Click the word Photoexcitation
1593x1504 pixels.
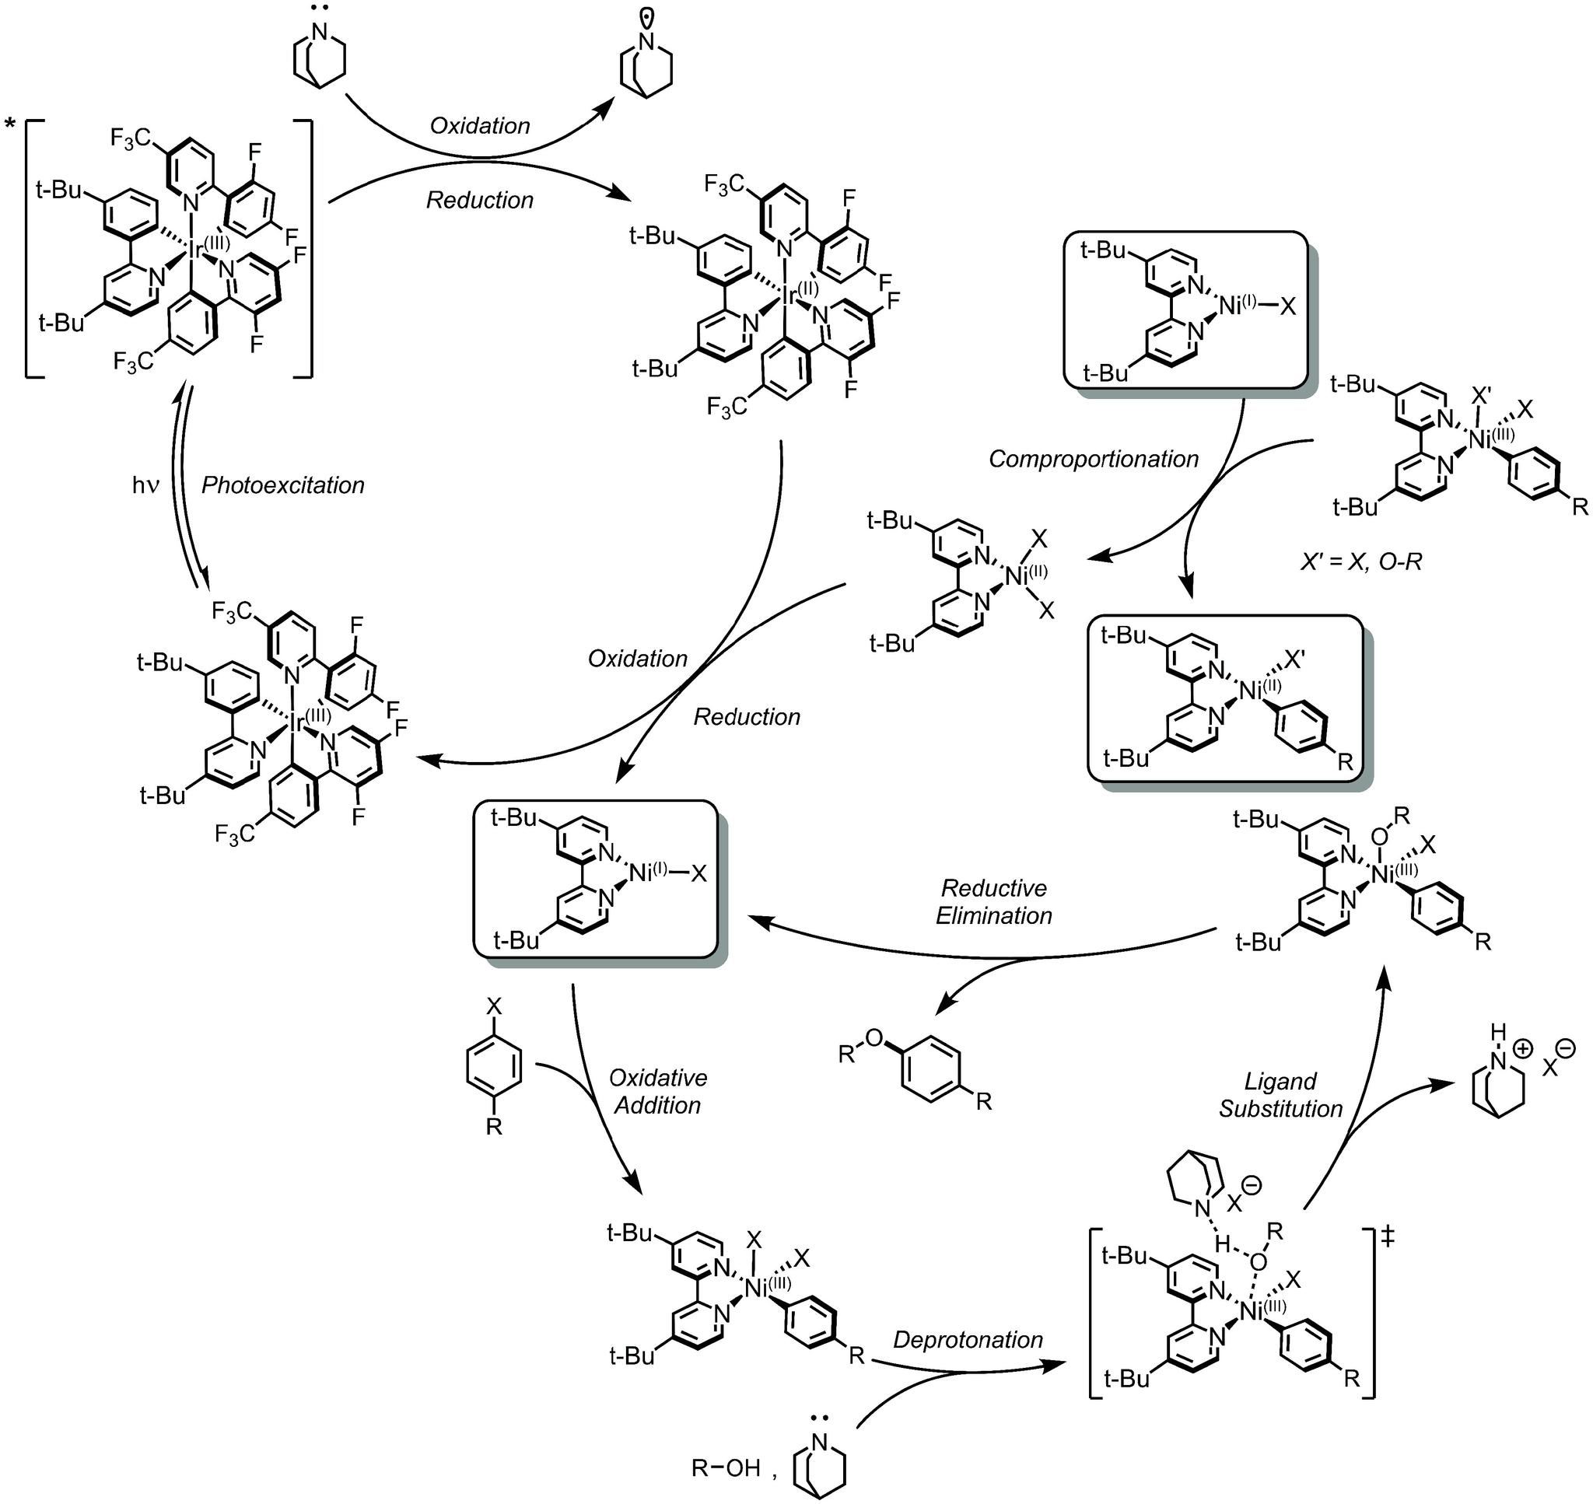pyautogui.click(x=283, y=485)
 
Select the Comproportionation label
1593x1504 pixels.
pyautogui.click(x=1094, y=459)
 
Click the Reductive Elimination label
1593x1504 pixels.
pyautogui.click(x=993, y=902)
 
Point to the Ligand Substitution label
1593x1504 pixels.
pyautogui.click(x=1280, y=1095)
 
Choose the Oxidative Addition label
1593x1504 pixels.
pyautogui.click(x=658, y=1091)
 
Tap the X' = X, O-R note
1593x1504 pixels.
pyautogui.click(x=1360, y=562)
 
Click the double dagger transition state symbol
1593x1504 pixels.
pyautogui.click(x=1388, y=1237)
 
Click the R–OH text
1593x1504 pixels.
pyautogui.click(x=726, y=1468)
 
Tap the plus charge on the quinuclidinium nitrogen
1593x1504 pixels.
pyautogui.click(x=1521, y=1048)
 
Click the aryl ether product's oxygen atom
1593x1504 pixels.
pyautogui.click(x=874, y=1038)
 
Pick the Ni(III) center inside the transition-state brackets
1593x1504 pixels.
pyautogui.click(x=1256, y=1312)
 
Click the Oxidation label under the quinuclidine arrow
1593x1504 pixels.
pyautogui.click(x=479, y=125)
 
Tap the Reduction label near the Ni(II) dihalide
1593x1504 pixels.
pyautogui.click(x=747, y=716)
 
